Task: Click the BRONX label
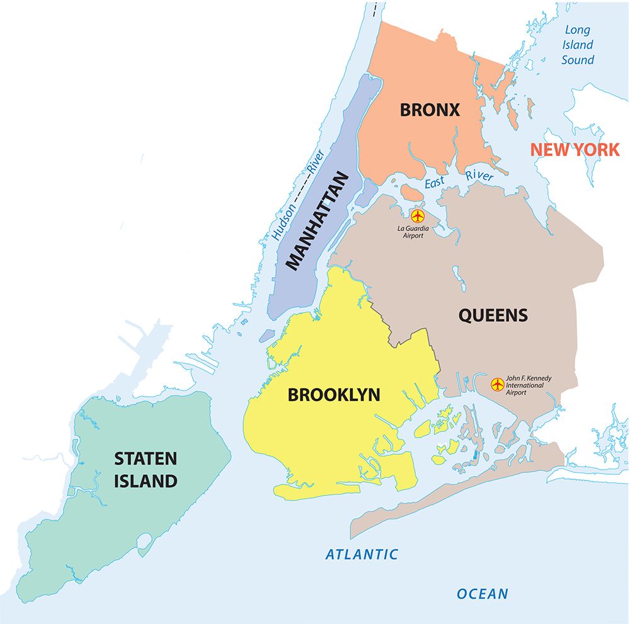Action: [430, 110]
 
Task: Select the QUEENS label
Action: [493, 315]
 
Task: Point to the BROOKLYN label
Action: [334, 395]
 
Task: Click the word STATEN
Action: [145, 458]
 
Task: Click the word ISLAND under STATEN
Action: [145, 482]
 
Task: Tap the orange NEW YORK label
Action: [575, 150]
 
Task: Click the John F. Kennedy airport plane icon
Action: [497, 383]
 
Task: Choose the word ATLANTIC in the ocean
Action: [362, 555]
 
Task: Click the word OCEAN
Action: [482, 594]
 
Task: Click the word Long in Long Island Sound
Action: [577, 30]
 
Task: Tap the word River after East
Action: [479, 176]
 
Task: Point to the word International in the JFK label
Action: [525, 385]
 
